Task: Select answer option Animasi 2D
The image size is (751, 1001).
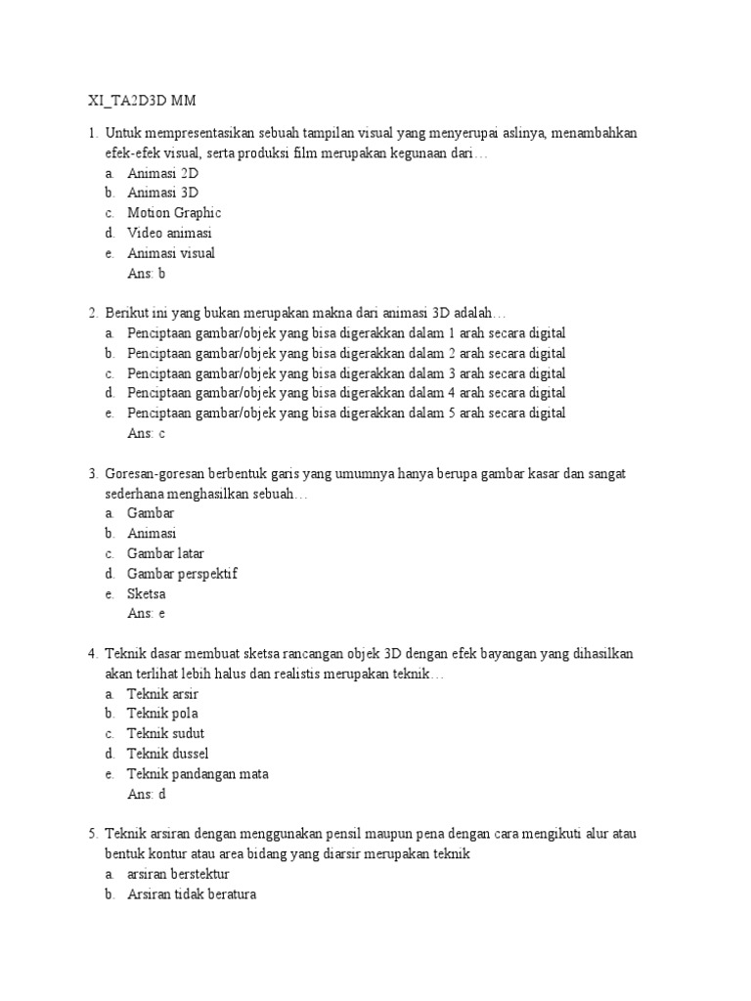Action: point(162,172)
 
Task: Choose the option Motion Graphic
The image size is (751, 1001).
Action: point(174,212)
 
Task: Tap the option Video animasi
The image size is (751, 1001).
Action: point(169,233)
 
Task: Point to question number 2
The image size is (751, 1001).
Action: point(93,313)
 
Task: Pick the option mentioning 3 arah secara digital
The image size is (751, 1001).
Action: point(346,373)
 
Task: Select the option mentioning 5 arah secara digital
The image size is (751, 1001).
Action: point(346,413)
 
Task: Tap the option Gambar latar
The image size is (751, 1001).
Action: point(165,553)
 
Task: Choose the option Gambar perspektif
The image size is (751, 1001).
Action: point(182,574)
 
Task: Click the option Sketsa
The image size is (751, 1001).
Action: point(147,593)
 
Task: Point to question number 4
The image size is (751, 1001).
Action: point(93,653)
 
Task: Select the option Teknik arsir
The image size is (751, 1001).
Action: point(163,693)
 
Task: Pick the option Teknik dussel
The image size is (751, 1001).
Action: point(168,754)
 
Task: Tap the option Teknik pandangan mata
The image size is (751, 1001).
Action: point(198,774)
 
